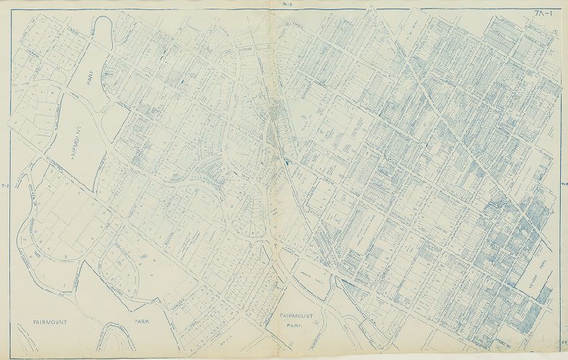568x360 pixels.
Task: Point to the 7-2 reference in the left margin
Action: (x=5, y=185)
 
